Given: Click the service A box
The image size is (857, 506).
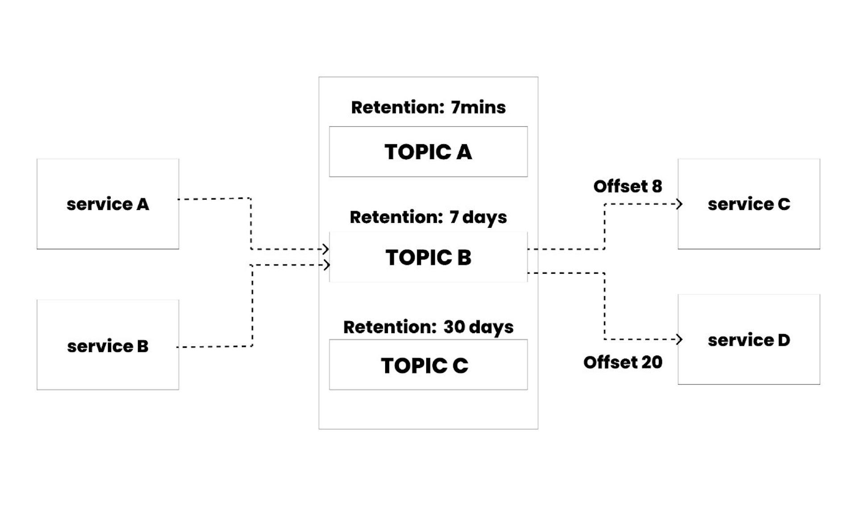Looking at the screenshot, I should (108, 204).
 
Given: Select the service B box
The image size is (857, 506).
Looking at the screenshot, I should (108, 345).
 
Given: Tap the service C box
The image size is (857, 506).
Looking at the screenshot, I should (749, 204).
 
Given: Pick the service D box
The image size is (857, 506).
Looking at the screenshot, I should (749, 340).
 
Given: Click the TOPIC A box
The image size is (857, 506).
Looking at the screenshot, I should (428, 152).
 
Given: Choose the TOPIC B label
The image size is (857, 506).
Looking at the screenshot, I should (428, 258).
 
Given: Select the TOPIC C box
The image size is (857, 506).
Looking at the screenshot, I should (428, 365).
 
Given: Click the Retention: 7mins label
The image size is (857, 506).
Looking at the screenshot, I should (428, 108).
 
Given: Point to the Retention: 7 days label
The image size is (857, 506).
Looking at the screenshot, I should (428, 217).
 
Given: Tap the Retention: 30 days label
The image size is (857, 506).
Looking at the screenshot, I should (428, 327).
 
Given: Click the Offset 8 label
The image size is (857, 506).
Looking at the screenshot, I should (627, 186).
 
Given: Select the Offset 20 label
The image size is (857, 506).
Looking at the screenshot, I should (623, 362).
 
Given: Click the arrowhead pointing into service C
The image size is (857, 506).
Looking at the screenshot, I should (679, 204).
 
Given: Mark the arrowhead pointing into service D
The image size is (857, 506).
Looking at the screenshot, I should (679, 339).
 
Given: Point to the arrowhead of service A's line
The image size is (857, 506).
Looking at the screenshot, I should (326, 249).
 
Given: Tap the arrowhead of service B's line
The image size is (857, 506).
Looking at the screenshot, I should (327, 265).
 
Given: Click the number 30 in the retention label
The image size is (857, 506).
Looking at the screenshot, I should (454, 327).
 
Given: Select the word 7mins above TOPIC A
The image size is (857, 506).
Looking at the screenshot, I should (478, 108).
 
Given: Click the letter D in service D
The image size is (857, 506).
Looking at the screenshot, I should (783, 340).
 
